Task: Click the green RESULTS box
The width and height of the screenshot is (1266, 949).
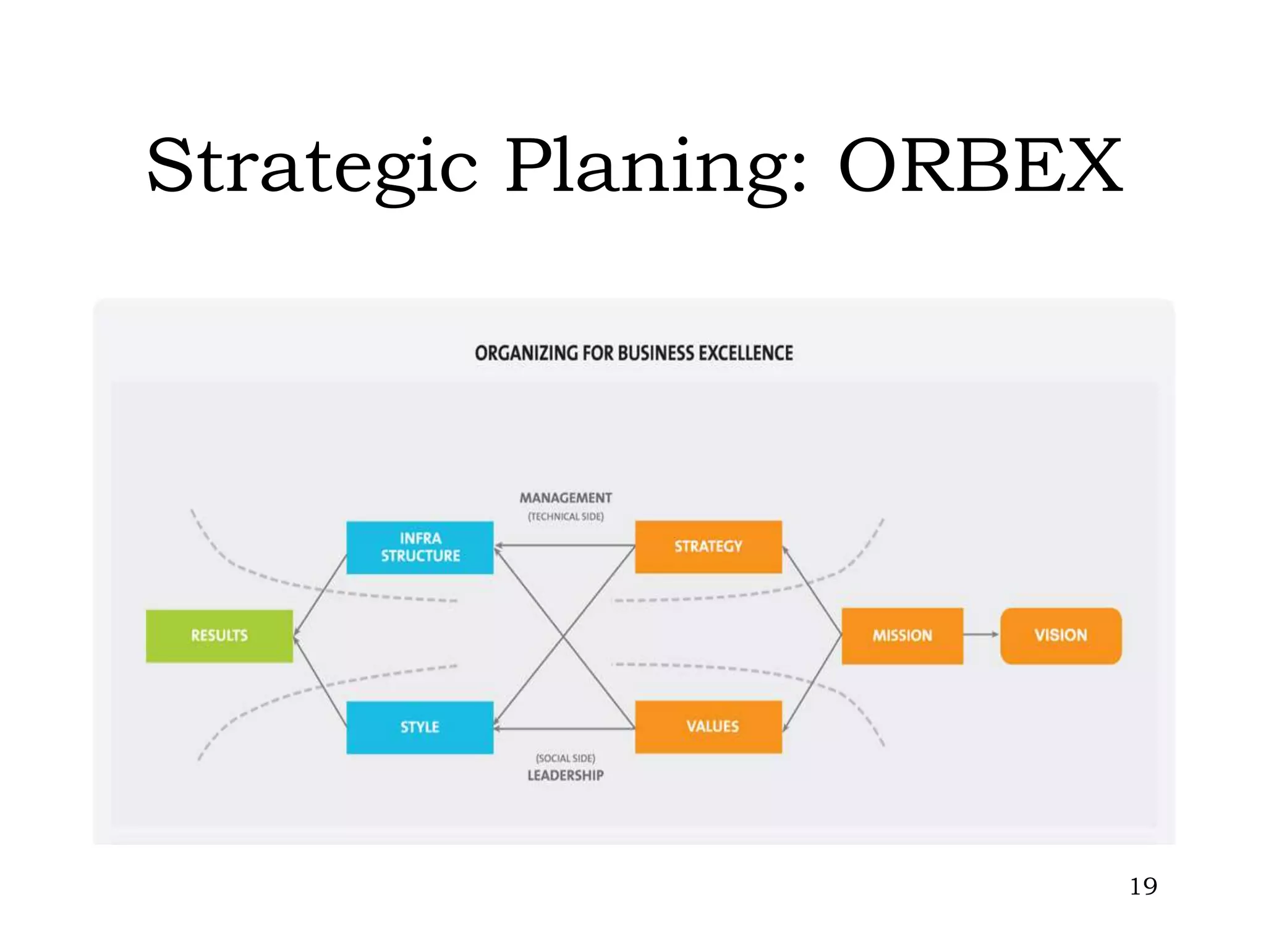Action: [219, 636]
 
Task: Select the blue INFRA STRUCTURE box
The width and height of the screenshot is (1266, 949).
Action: [420, 547]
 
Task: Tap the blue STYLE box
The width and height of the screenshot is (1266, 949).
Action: [420, 727]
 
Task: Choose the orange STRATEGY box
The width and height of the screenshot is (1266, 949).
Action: [708, 547]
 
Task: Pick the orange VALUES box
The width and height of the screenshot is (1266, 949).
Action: [708, 727]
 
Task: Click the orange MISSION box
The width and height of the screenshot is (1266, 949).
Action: [902, 636]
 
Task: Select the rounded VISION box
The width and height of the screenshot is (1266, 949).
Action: [1061, 636]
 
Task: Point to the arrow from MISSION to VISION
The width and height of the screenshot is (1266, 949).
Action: [981, 635]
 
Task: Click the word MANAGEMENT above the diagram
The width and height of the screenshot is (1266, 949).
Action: [566, 498]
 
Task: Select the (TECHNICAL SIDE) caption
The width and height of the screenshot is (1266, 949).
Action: [566, 517]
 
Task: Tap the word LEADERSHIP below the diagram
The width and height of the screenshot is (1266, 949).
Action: [566, 775]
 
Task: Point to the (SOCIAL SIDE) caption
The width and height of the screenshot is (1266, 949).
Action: [566, 758]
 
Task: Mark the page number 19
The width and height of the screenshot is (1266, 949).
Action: [1143, 887]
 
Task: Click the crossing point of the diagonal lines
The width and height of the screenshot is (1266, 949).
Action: [564, 636]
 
